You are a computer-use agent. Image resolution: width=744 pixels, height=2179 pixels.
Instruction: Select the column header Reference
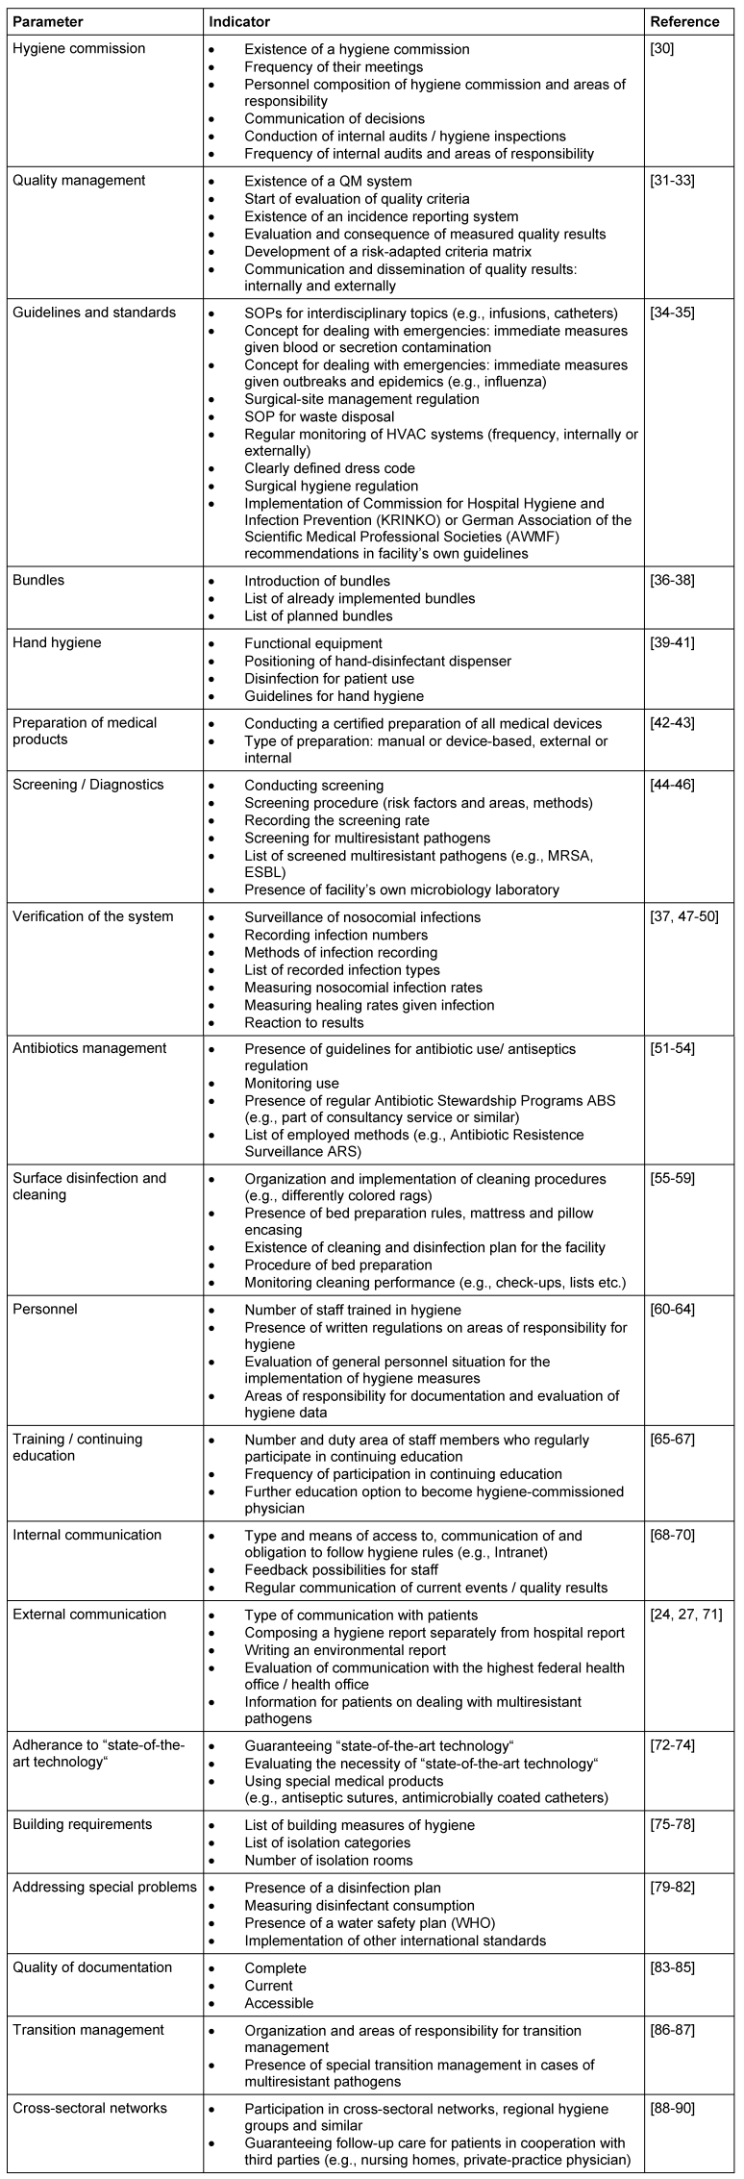pos(684,21)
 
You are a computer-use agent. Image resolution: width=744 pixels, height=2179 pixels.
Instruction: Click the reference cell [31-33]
pos(674,181)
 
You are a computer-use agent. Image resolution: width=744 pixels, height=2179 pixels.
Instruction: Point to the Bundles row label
pos(39,581)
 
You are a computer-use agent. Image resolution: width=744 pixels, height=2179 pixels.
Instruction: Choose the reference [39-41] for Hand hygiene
pos(674,643)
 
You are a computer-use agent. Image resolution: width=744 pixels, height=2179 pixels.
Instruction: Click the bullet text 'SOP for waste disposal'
pos(319,416)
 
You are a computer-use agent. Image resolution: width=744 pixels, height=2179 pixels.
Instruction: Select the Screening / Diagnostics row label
pos(88,785)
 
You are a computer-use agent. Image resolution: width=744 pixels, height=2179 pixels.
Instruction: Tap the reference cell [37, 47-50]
pos(684,916)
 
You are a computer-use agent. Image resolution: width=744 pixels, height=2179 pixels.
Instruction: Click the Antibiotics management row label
pos(89,1048)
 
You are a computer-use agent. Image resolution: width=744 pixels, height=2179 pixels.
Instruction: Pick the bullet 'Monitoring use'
pos(291,1083)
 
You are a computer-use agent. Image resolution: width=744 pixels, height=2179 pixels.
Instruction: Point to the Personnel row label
pos(45,1309)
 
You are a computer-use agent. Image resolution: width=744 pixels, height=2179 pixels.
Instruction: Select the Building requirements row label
pos(83,1824)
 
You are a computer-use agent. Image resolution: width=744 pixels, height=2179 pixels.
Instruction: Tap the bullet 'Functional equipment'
pos(313,643)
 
